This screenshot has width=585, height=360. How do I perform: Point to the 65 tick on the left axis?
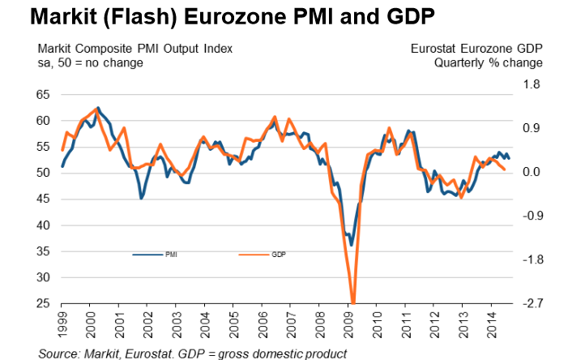click(41, 95)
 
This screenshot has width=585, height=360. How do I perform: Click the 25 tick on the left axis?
click(41, 304)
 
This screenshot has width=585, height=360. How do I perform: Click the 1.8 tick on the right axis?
click(532, 84)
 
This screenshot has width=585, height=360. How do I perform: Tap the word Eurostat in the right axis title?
click(435, 49)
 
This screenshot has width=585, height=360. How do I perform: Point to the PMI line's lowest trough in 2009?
click(351, 245)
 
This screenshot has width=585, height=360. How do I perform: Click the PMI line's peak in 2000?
click(98, 107)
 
